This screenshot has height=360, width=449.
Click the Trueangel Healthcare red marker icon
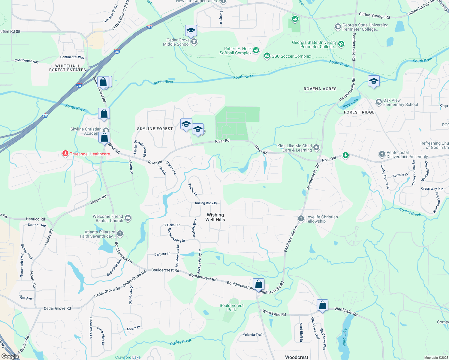pyautogui.click(x=65, y=154)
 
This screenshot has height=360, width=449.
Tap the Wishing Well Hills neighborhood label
pyautogui.click(x=215, y=217)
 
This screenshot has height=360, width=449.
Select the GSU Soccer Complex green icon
pyautogui.click(x=267, y=56)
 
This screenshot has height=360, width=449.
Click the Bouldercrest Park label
pyautogui.click(x=232, y=307)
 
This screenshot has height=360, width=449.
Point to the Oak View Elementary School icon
pyautogui.click(x=378, y=102)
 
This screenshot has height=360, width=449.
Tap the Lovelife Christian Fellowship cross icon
pyautogui.click(x=301, y=219)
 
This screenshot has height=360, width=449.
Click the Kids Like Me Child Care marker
pyautogui.click(x=316, y=148)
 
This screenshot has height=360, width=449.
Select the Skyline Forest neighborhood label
pyautogui.click(x=155, y=129)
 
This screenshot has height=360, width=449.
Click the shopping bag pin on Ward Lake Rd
pyautogui.click(x=322, y=305)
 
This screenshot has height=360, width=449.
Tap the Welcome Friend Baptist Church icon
pyautogui.click(x=128, y=218)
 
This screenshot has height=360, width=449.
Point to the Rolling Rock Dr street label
pyautogui.click(x=206, y=203)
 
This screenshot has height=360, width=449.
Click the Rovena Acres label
pyautogui.click(x=320, y=89)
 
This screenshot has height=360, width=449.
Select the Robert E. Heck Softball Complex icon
pyautogui.click(x=256, y=50)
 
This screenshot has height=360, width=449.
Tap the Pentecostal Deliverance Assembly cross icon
pyautogui.click(x=382, y=154)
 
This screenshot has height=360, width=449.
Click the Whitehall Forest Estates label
pyautogui.click(x=68, y=68)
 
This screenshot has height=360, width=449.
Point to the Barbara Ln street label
pyautogui.click(x=162, y=254)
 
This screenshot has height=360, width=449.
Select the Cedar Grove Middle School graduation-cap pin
pyautogui.click(x=191, y=31)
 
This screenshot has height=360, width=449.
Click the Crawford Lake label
pyautogui.click(x=128, y=357)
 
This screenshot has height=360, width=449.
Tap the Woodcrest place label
pyautogui.click(x=297, y=357)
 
